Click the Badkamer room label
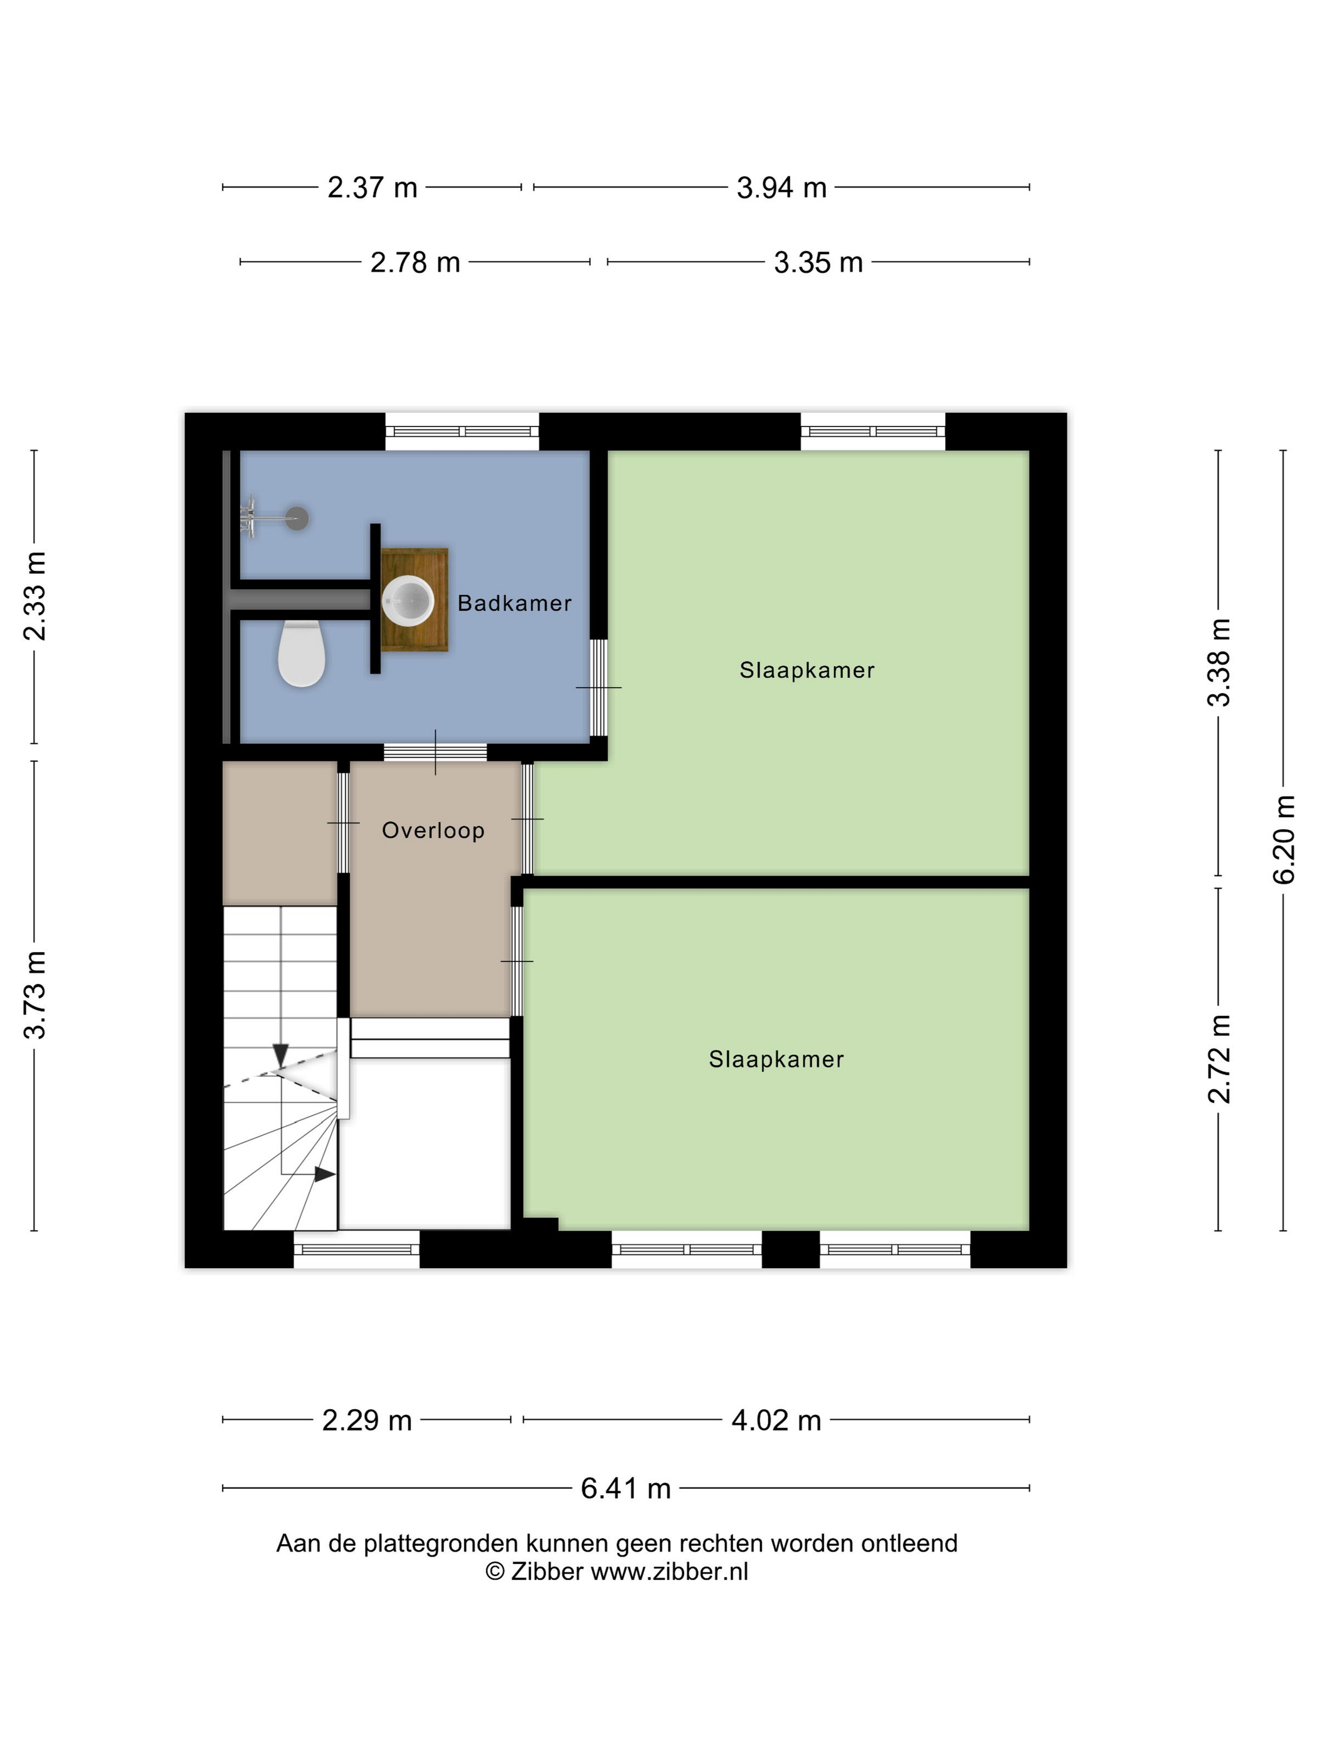click(x=514, y=603)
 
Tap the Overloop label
click(x=433, y=830)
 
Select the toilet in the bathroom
click(x=302, y=653)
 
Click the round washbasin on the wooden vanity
click(x=408, y=601)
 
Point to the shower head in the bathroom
click(x=297, y=519)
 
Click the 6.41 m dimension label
click(x=625, y=1488)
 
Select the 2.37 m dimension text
click(x=373, y=188)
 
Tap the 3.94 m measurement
click(x=781, y=188)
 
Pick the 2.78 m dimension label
click(x=415, y=262)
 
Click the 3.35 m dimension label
click(x=818, y=262)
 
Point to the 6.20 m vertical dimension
click(x=1284, y=839)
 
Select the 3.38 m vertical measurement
click(x=1219, y=662)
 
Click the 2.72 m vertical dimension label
click(x=1219, y=1059)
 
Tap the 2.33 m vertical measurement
click(x=34, y=595)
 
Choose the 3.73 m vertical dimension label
click(x=34, y=995)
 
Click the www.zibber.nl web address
click(x=669, y=1571)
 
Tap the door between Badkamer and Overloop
click(x=435, y=752)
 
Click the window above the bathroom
click(x=462, y=431)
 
